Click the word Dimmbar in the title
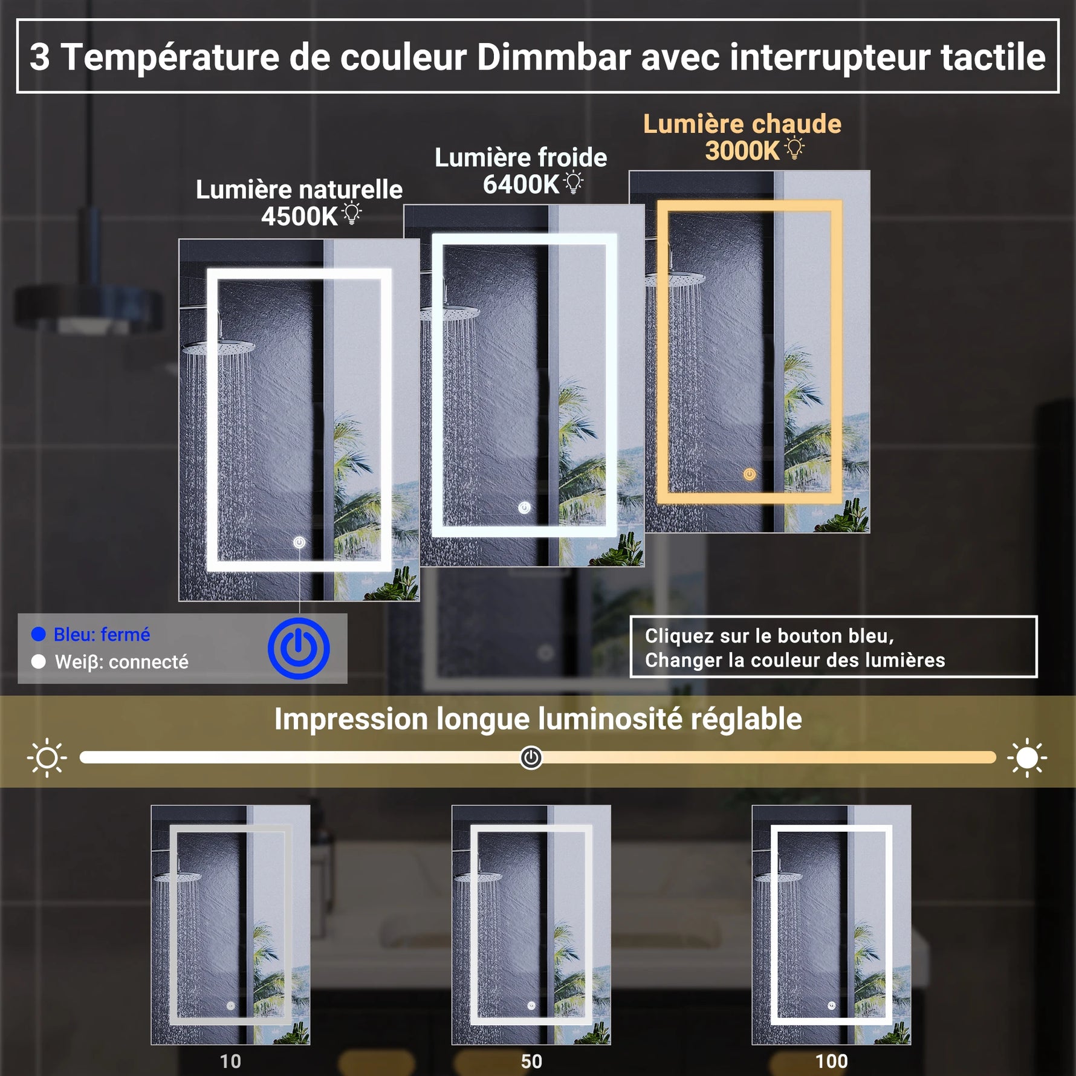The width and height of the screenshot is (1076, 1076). (x=554, y=57)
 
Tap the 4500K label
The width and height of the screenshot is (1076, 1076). (x=299, y=216)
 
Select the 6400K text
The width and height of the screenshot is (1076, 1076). (x=520, y=184)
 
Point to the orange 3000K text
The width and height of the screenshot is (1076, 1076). (x=742, y=151)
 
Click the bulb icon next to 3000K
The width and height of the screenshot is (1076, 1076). (x=794, y=148)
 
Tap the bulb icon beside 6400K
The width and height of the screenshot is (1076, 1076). (x=573, y=182)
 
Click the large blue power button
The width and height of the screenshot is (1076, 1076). (x=299, y=648)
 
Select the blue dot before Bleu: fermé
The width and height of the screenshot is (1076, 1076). (x=39, y=634)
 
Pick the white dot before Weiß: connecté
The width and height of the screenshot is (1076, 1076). (x=39, y=662)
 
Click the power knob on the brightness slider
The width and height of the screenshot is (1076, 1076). (x=531, y=757)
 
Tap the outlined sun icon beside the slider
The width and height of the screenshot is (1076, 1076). (x=47, y=757)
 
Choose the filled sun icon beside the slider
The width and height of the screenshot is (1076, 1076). (x=1026, y=757)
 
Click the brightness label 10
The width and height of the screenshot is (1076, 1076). (x=230, y=1061)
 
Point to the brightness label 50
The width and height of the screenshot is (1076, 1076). (x=531, y=1061)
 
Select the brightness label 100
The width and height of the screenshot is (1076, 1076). (x=831, y=1061)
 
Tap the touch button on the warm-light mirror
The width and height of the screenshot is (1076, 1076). (x=750, y=475)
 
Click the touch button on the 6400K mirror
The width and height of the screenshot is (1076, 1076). (x=524, y=508)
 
